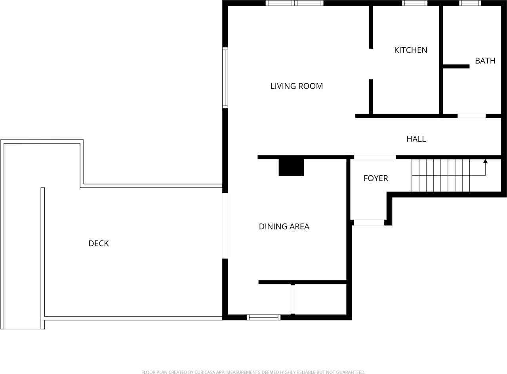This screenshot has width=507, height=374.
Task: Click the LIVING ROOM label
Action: coord(297,86)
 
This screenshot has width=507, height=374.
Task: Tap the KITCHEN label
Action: coord(411,50)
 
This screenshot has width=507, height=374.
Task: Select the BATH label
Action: coord(485,61)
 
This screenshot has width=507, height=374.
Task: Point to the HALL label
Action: coord(416,139)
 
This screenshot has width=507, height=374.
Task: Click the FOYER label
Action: coord(376,178)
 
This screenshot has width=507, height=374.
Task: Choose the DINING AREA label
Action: coord(284,226)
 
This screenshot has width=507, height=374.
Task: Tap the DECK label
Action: coord(99,244)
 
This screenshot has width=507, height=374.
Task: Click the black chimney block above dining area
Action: coord(291,167)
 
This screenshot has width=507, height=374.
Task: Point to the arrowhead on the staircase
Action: coord(485,161)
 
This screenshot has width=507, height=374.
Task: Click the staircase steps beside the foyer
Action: coord(440,175)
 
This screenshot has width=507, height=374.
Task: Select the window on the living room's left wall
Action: coord(225,78)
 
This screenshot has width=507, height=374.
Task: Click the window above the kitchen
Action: coord(415,3)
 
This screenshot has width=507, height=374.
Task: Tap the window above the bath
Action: coord(470,3)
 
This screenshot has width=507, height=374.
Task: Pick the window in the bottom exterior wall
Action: coord(263,317)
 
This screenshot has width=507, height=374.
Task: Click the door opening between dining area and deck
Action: coord(225,226)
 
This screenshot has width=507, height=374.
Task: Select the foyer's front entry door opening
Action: coord(369,222)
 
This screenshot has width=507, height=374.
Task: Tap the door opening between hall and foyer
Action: coord(375,157)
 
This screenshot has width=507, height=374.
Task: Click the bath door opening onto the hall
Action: coord(472,116)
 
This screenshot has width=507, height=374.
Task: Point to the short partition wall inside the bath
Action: coord(456,66)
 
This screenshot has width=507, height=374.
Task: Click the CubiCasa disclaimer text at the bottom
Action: coord(253,372)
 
